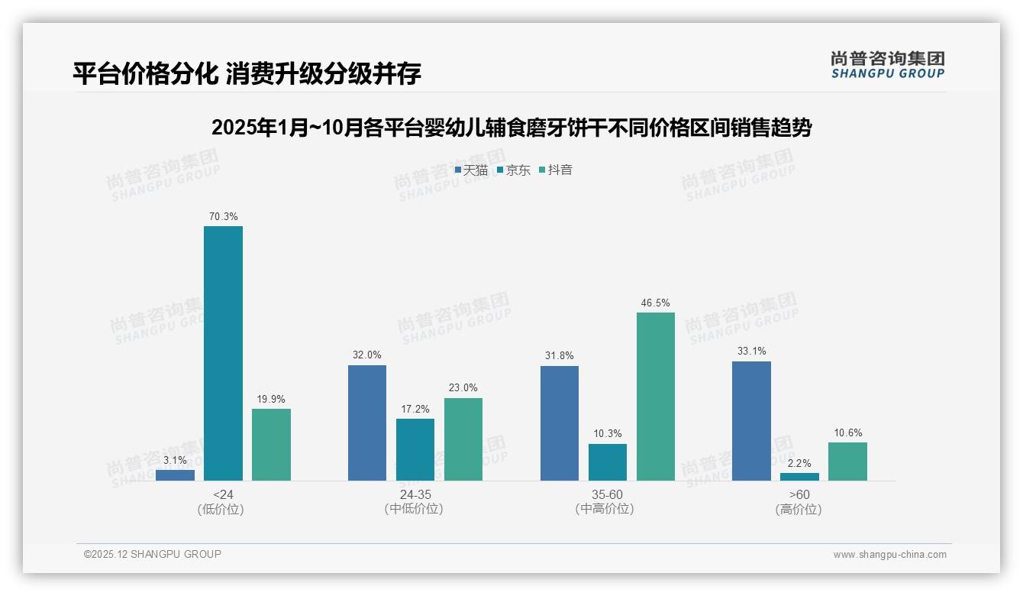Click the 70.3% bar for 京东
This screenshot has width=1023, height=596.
(x=223, y=353)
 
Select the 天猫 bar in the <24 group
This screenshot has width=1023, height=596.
(x=175, y=475)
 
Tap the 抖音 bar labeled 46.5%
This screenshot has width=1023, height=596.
(x=656, y=396)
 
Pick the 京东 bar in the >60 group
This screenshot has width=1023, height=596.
(x=799, y=477)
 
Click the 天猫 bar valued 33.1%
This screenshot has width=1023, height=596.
(x=751, y=420)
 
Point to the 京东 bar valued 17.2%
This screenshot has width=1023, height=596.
(x=415, y=449)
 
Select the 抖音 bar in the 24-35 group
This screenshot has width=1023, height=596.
(x=463, y=439)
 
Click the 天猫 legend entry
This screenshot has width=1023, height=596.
(x=471, y=170)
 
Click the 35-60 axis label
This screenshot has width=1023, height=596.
(x=607, y=494)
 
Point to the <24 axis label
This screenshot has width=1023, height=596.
(x=223, y=494)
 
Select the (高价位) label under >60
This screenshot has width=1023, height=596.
(x=799, y=510)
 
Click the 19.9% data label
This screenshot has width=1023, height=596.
(x=271, y=399)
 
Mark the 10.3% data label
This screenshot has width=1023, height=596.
(x=608, y=434)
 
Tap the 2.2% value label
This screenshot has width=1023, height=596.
(x=799, y=463)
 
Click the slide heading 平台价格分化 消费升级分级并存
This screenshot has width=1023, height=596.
(x=247, y=74)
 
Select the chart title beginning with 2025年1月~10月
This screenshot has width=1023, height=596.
(x=511, y=128)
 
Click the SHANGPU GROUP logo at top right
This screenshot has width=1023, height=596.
(x=887, y=65)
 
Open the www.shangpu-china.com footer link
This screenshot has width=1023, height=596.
(x=889, y=555)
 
